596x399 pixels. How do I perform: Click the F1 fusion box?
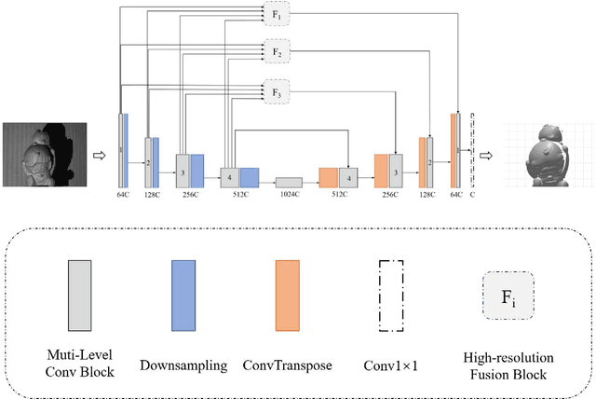pyautogui.click(x=277, y=16)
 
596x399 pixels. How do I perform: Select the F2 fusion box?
pyautogui.click(x=277, y=52)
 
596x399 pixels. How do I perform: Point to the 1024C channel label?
pyautogui.click(x=289, y=194)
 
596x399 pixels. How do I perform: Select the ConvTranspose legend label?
pyautogui.click(x=288, y=366)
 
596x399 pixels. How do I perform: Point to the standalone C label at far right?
pyautogui.click(x=473, y=195)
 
